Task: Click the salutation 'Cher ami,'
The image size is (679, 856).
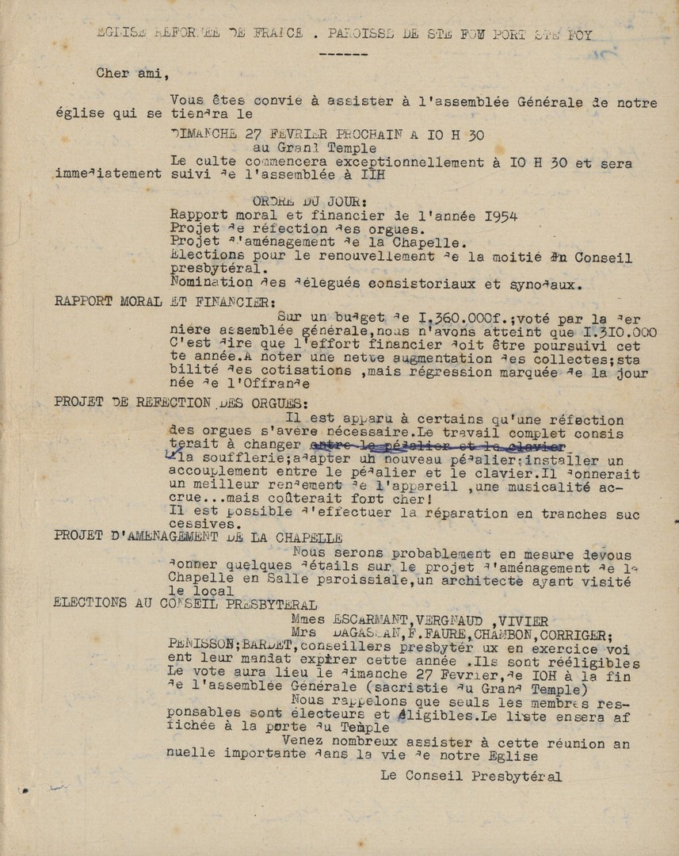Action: pyautogui.click(x=133, y=74)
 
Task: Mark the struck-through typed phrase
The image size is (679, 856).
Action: pyautogui.click(x=437, y=447)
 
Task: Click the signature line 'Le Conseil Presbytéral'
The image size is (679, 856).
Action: pyautogui.click(x=471, y=777)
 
